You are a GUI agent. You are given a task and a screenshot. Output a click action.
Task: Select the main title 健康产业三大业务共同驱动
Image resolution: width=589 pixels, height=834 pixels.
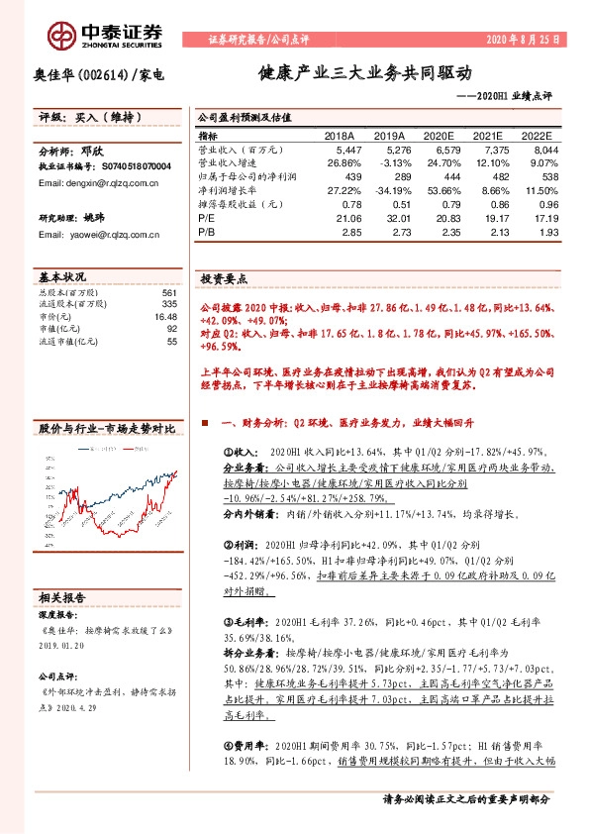pyautogui.click(x=365, y=73)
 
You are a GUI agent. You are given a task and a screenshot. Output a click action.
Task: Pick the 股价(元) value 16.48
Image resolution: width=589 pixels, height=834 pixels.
pyautogui.click(x=164, y=317)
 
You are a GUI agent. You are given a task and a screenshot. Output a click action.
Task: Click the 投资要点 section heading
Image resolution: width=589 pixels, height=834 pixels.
pyautogui.click(x=224, y=279)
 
